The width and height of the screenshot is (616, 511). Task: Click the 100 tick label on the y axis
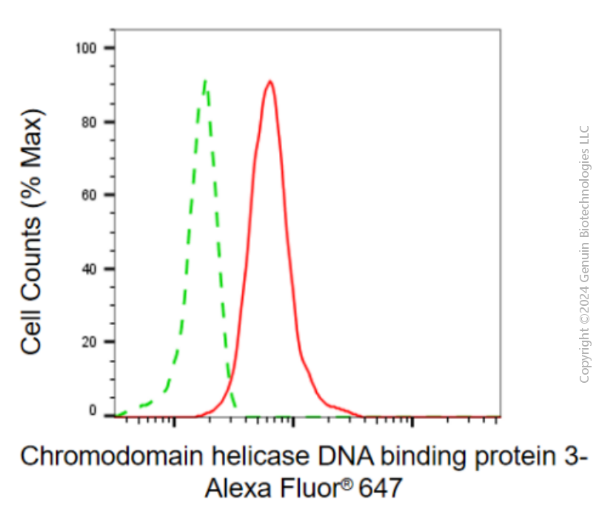click(86, 48)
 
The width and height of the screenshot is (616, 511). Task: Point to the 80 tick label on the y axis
click(89, 122)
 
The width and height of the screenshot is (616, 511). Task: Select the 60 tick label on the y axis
click(89, 195)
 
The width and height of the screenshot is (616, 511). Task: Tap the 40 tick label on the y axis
click(89, 270)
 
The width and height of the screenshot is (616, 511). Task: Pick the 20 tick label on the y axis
click(89, 342)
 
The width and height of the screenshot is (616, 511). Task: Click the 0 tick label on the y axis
click(93, 410)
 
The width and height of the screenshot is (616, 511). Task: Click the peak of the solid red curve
click(270, 81)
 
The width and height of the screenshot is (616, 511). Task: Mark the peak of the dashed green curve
click(204, 81)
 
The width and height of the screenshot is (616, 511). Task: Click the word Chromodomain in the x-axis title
click(112, 456)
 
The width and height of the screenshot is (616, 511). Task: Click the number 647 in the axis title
click(381, 488)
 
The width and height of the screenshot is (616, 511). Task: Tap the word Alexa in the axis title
click(238, 488)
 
